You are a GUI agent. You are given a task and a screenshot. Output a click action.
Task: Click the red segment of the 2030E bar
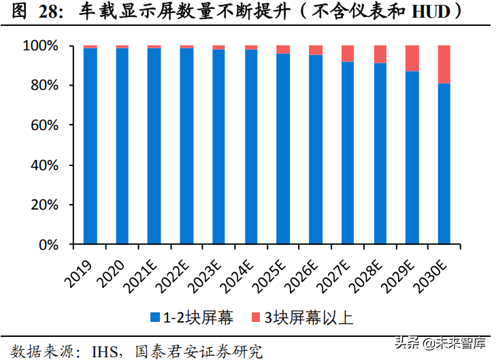[444, 65]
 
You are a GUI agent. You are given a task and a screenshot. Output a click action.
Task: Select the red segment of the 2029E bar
[412, 59]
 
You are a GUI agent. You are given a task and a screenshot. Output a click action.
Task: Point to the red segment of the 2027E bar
[348, 54]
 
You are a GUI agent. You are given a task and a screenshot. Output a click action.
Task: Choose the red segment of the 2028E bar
[380, 54]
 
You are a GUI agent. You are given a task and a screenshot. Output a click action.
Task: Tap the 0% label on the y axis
[53, 245]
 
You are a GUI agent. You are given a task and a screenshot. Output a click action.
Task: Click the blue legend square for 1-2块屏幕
[155, 317]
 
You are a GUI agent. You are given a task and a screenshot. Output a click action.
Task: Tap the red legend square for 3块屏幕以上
[255, 317]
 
